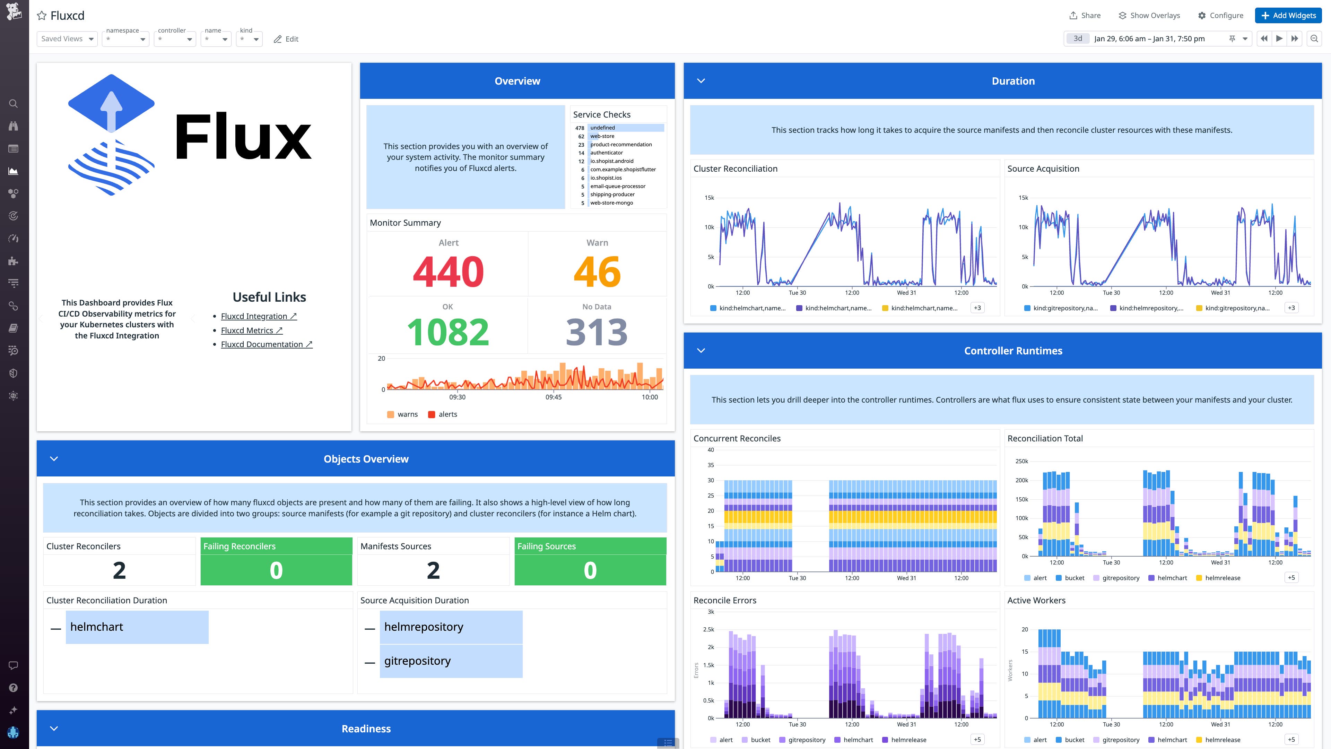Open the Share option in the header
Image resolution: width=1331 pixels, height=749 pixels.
(x=1085, y=16)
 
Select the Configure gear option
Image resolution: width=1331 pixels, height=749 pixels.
(x=1220, y=16)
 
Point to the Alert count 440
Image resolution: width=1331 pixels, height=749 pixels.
(x=448, y=272)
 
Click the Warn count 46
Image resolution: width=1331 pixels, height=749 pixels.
(x=597, y=272)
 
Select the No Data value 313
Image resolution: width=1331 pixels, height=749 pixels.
(x=597, y=332)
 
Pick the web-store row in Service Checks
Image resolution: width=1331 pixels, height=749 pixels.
(x=602, y=136)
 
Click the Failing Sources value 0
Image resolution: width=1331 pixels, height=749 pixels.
(x=590, y=570)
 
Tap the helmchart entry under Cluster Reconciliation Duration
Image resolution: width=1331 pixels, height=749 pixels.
(x=97, y=627)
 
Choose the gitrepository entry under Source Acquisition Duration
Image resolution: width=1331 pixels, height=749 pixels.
(x=417, y=661)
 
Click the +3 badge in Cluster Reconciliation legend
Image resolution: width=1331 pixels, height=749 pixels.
(x=977, y=308)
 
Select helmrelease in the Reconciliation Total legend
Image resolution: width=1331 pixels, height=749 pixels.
(x=1223, y=578)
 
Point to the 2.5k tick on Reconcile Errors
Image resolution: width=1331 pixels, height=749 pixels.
(x=708, y=630)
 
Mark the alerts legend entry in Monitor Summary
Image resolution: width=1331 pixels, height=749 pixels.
(x=447, y=414)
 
